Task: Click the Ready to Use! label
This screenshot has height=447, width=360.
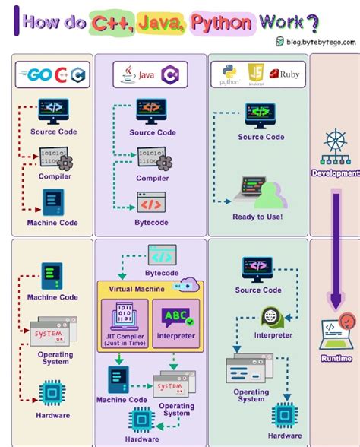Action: click(x=257, y=217)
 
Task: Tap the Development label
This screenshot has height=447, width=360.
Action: click(x=335, y=173)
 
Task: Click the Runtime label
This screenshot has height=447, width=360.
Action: click(x=336, y=358)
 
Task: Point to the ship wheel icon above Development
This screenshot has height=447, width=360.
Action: click(x=335, y=146)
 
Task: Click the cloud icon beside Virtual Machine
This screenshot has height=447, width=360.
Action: click(x=186, y=285)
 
